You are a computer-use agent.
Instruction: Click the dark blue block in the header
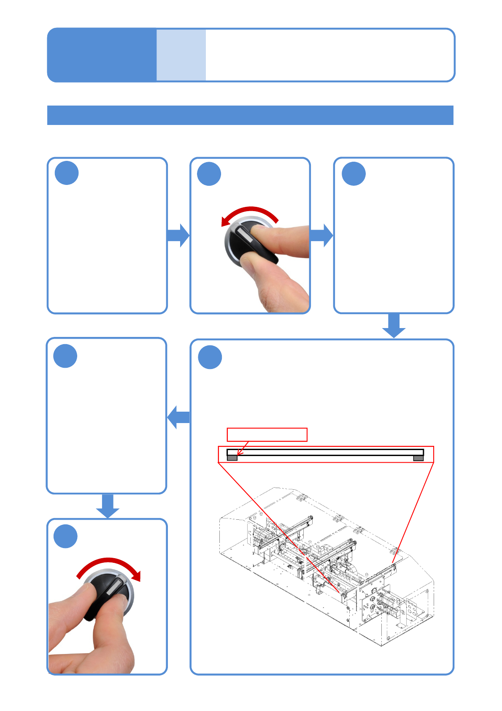102,55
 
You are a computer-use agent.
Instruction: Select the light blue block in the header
181,55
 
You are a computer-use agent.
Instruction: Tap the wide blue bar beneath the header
250,115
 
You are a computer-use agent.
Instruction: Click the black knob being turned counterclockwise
249,243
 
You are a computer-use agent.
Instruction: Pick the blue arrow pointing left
179,417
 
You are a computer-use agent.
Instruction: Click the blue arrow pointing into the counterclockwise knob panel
178,235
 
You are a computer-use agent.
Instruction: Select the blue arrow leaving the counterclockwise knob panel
321,235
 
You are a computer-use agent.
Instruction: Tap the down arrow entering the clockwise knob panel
108,506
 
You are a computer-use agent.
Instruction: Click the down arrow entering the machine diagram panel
394,326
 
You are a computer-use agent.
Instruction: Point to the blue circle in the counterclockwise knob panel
209,174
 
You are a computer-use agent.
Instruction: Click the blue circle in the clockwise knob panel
65,536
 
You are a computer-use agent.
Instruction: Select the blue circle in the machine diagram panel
210,357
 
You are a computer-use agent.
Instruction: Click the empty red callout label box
267,434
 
